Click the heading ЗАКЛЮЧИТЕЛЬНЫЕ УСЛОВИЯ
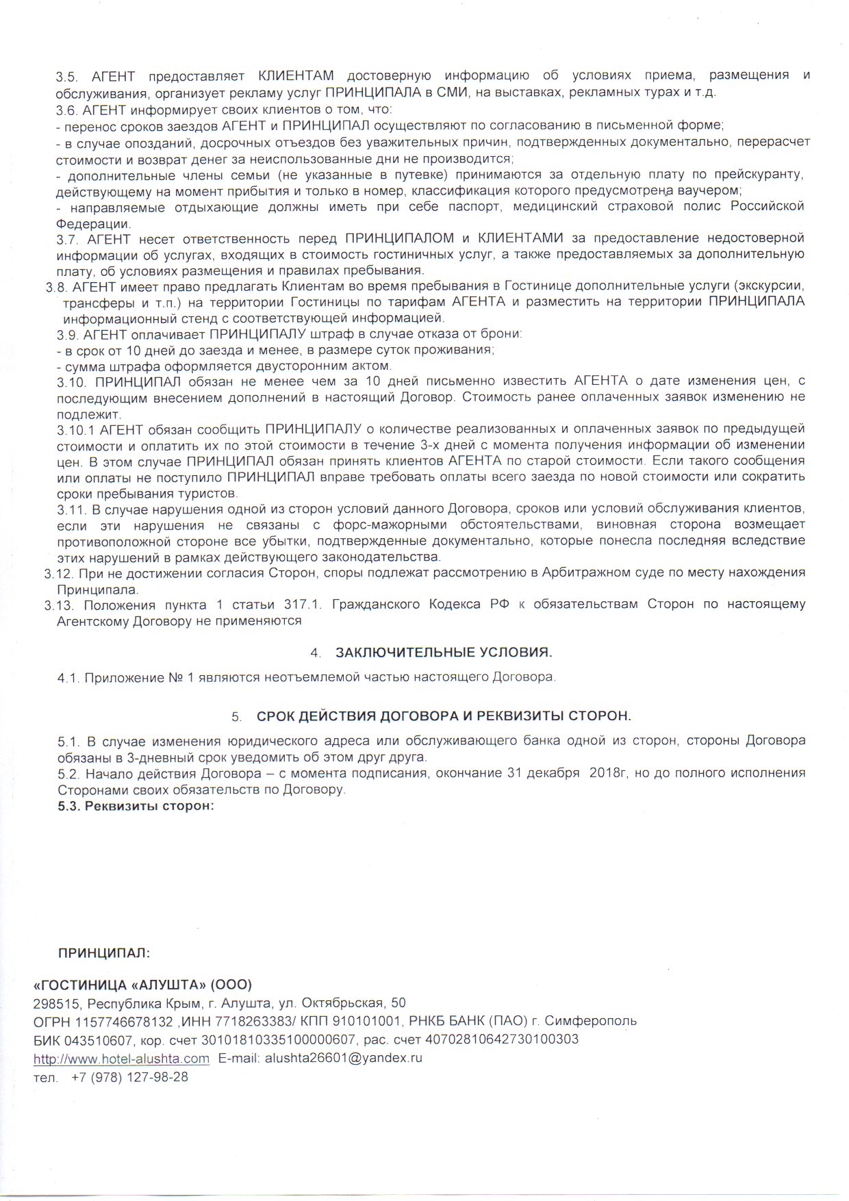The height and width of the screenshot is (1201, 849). click(444, 651)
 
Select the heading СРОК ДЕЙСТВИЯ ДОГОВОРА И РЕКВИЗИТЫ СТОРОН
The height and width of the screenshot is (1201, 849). click(444, 716)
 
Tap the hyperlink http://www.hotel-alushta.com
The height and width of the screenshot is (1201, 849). click(122, 1058)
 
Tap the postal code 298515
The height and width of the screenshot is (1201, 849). click(53, 1003)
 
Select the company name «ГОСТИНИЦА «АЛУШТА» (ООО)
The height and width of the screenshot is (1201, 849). click(143, 985)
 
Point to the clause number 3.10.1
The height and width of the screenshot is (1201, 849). click(75, 429)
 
